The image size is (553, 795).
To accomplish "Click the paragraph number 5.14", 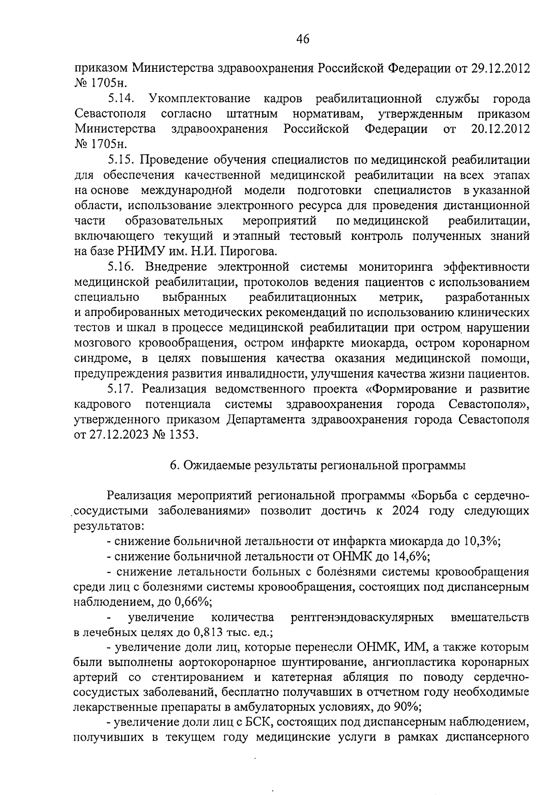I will click(121, 99).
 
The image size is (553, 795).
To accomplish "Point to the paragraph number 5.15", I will click(121, 160).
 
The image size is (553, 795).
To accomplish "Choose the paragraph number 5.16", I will click(121, 267).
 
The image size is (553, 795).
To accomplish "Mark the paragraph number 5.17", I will click(121, 389).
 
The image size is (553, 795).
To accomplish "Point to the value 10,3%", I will click(481, 541).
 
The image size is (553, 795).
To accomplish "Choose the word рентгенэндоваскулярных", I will click(362, 617).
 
